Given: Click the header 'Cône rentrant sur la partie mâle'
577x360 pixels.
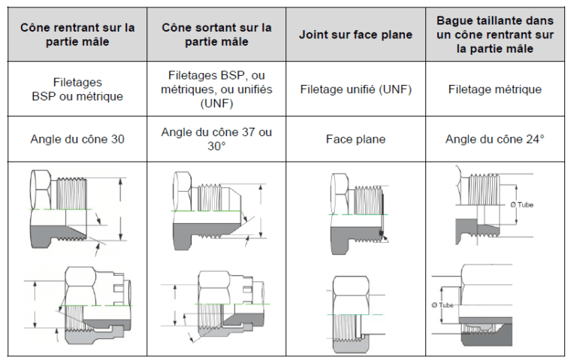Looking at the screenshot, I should pyautogui.click(x=77, y=35).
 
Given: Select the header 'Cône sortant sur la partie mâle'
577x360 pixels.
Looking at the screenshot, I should pyautogui.click(x=216, y=35).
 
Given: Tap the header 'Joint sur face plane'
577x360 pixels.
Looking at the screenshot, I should pyautogui.click(x=356, y=35).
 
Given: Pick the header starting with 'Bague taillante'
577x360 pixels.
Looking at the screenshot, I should pyautogui.click(x=494, y=35).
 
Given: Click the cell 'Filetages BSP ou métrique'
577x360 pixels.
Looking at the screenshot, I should pyautogui.click(x=77, y=89).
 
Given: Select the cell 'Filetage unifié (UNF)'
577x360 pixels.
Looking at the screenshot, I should pyautogui.click(x=356, y=89).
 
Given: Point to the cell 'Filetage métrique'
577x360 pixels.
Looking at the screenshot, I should pyautogui.click(x=494, y=89).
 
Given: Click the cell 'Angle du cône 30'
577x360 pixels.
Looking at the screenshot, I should pyautogui.click(x=77, y=139).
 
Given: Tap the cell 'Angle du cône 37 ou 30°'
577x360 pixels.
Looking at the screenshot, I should pyautogui.click(x=216, y=139).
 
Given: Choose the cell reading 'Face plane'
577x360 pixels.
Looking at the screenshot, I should pyautogui.click(x=356, y=139).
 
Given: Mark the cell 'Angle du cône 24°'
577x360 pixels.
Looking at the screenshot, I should pyautogui.click(x=494, y=139).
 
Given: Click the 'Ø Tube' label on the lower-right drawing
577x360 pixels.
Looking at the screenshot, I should pyautogui.click(x=445, y=304).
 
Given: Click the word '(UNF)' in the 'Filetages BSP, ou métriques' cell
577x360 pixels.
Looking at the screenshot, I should pyautogui.click(x=216, y=103).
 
